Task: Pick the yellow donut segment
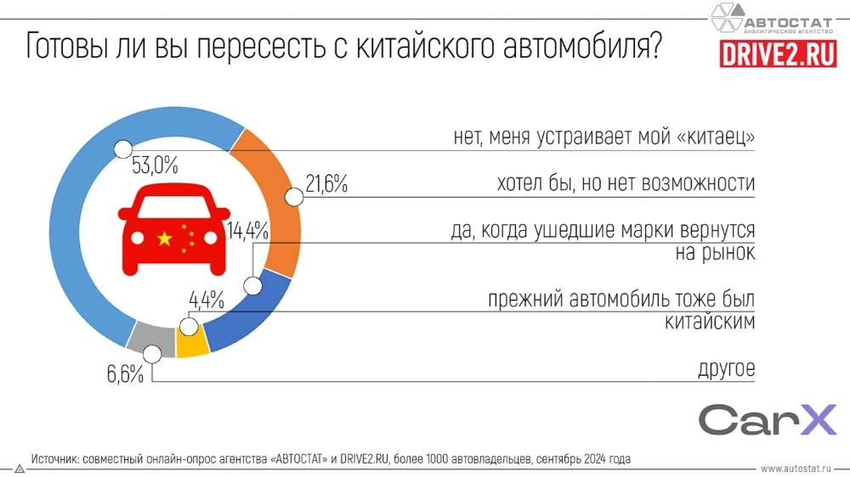coord(191,343)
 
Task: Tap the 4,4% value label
coord(206,300)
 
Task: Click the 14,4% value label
coord(248,230)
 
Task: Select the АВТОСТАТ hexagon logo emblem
coord(726,17)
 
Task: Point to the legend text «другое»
coord(726,369)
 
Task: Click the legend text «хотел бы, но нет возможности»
coord(626,184)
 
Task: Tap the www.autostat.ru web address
coord(797,468)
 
